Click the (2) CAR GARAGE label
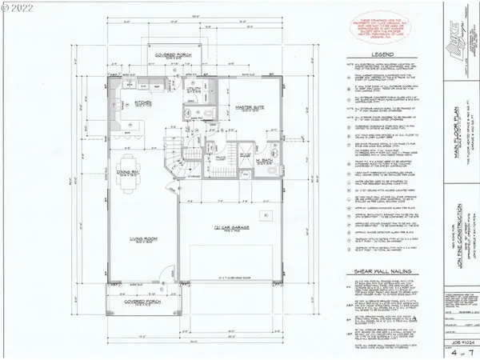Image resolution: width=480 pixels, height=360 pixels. (229, 229)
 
